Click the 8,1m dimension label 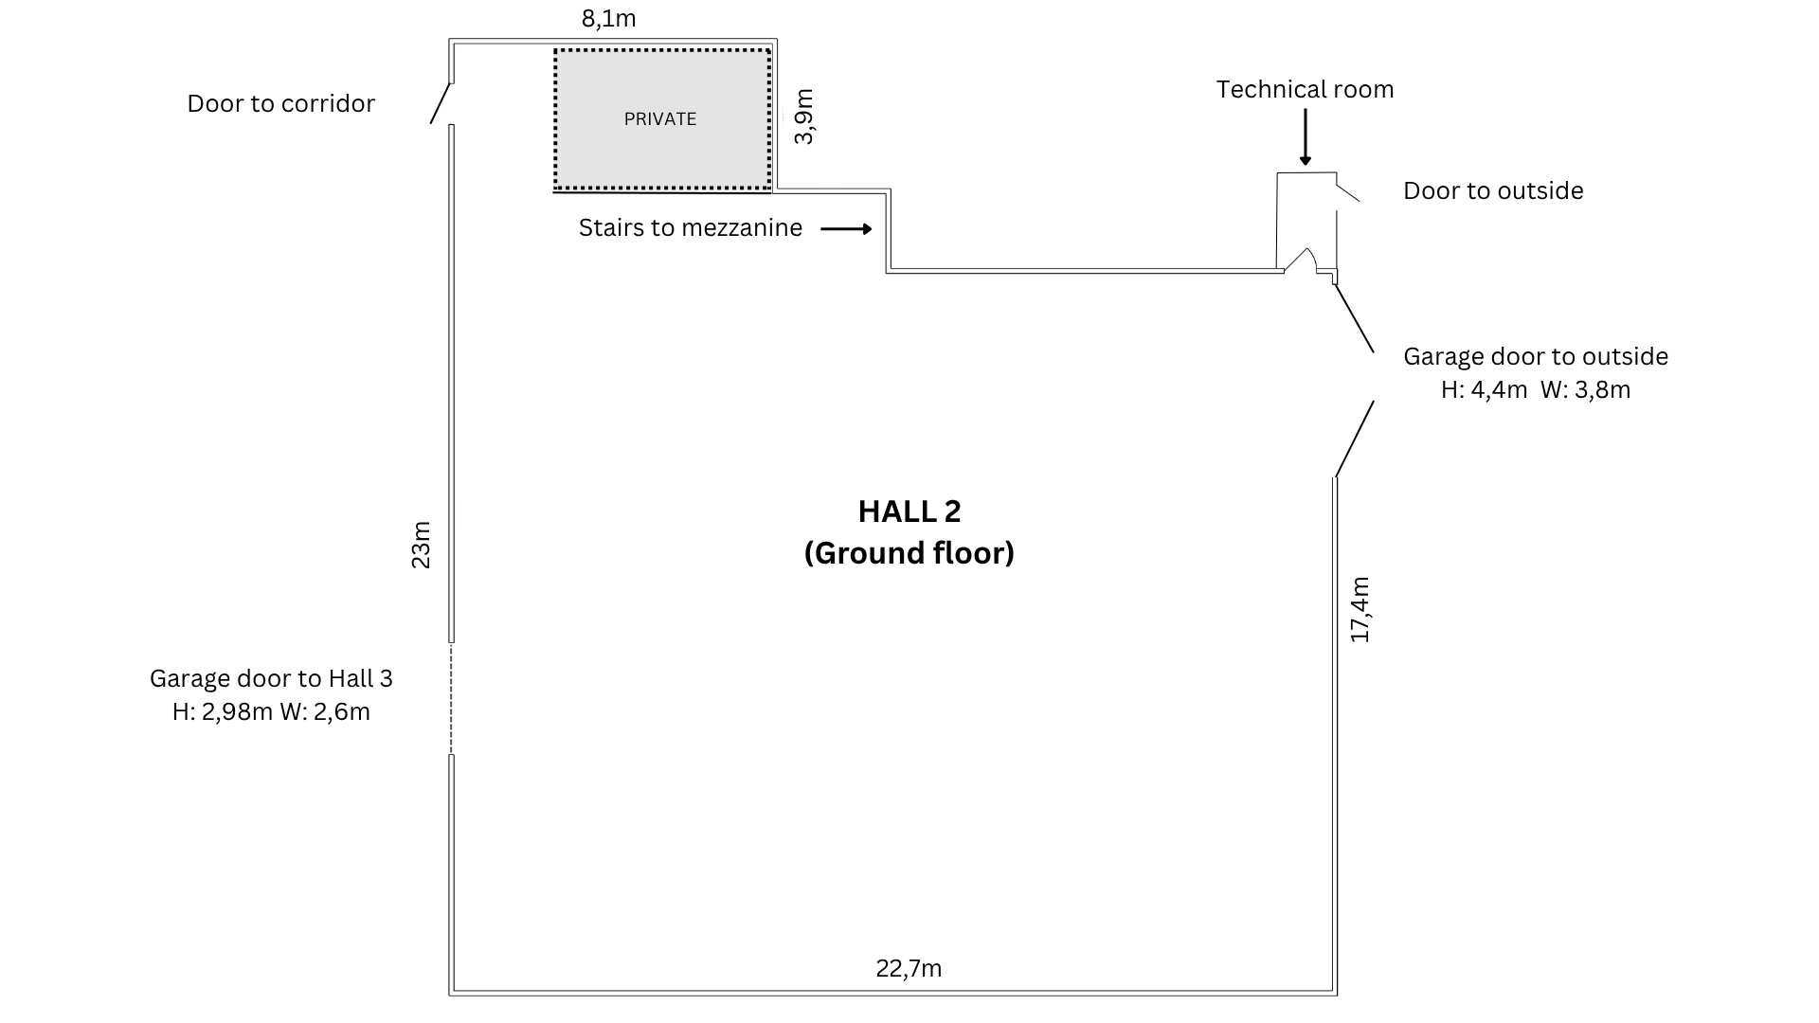click(608, 18)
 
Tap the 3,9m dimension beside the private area click(803, 117)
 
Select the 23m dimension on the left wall click(421, 545)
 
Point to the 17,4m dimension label click(1360, 609)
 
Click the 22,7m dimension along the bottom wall click(909, 968)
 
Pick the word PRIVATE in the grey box click(660, 119)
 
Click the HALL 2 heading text click(909, 511)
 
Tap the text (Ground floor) click(909, 553)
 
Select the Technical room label click(1305, 89)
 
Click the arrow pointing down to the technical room click(1306, 137)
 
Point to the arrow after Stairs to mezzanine click(846, 229)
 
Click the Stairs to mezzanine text click(690, 228)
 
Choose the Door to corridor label click(280, 103)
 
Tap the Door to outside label click(1493, 190)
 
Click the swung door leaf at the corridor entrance click(441, 103)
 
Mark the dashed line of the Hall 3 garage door click(451, 699)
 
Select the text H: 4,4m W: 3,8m click(1535, 389)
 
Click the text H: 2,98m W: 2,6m click(271, 711)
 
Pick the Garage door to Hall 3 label click(271, 678)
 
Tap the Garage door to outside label click(1535, 356)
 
